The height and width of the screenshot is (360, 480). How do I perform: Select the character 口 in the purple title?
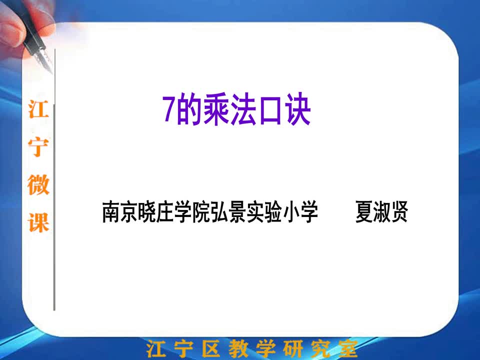point(270,110)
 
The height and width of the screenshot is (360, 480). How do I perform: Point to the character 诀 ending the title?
point(297,109)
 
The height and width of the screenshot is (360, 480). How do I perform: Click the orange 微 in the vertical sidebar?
point(38,184)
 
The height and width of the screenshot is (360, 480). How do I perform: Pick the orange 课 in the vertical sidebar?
point(38,222)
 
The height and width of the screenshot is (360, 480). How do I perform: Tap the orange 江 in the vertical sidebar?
point(38,109)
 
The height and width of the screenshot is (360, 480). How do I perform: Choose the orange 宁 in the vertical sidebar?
point(38,147)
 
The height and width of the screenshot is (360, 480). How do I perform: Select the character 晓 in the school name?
point(147,211)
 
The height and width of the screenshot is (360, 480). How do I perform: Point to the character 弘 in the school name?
point(219,211)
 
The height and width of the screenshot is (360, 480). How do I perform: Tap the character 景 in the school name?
point(237,211)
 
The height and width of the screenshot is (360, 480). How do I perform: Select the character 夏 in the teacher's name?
point(364,211)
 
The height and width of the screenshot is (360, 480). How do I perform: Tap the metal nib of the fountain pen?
point(44,60)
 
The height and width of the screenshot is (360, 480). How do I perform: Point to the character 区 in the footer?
point(211,348)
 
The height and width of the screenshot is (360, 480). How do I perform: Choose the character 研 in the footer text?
point(292,348)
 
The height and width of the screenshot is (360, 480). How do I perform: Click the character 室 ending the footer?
point(347,348)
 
